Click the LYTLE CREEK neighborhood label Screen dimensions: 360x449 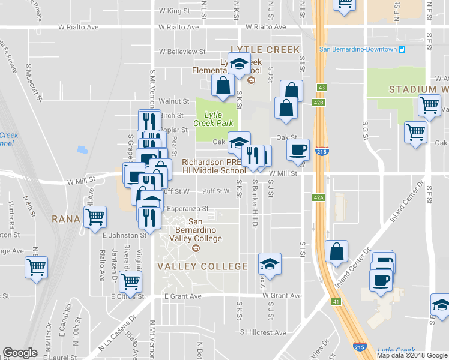pyautogui.click(x=265, y=50)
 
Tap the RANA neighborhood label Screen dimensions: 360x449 pyautogui.click(x=66, y=219)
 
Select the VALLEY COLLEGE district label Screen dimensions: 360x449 pyautogui.click(x=202, y=266)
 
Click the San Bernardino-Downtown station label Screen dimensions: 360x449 pyautogui.click(x=358, y=49)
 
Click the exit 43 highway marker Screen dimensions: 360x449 pyautogui.click(x=322, y=88)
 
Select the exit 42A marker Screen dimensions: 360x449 pyautogui.click(x=318, y=197)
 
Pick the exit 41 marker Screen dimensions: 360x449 pyautogui.click(x=336, y=301)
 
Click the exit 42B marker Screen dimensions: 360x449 pyautogui.click(x=318, y=103)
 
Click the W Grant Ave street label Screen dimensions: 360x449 pyautogui.click(x=280, y=296)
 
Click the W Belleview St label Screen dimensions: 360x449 pyautogui.click(x=182, y=52)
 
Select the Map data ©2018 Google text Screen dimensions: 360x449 pyautogui.click(x=412, y=355)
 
